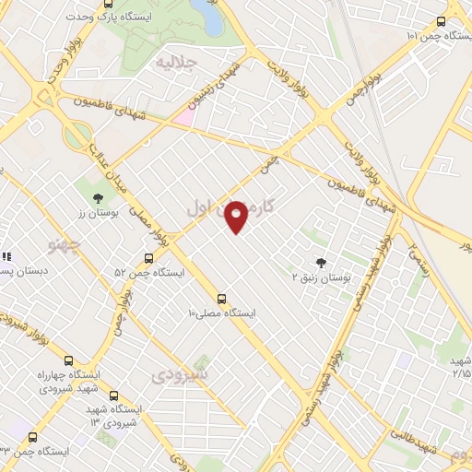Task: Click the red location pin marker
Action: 237,216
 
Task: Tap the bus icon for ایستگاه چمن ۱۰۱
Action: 442,20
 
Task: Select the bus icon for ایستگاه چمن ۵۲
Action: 148,259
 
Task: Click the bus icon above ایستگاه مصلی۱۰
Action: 220,299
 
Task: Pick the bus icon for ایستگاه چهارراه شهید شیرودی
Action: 68,360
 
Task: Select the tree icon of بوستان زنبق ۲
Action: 321,263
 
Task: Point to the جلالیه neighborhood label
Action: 176,62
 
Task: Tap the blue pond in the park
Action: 206,17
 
